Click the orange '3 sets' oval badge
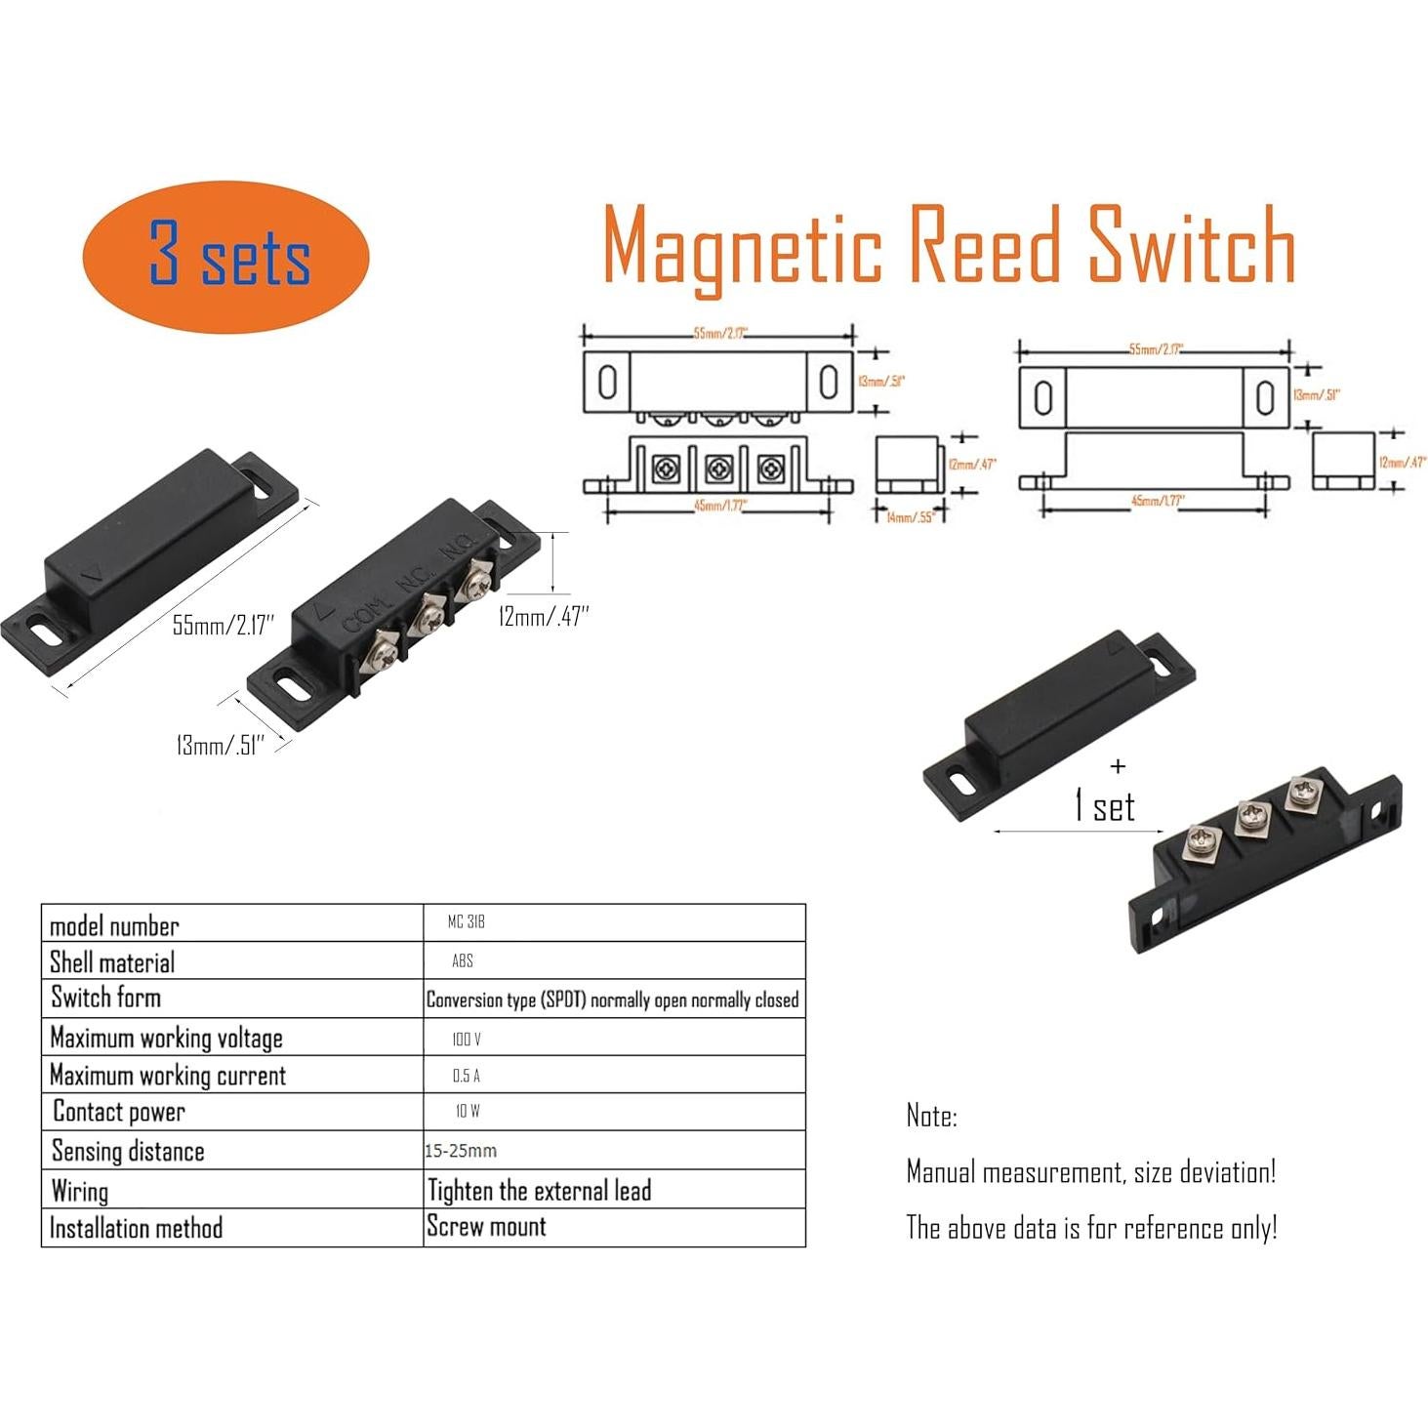[x=226, y=254]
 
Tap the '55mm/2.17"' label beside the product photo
[x=224, y=625]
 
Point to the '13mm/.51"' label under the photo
[x=220, y=746]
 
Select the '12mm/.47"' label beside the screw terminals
[x=544, y=617]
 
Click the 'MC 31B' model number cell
[x=466, y=922]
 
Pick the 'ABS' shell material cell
[x=463, y=961]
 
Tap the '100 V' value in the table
[x=467, y=1040]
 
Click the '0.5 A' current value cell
[x=466, y=1076]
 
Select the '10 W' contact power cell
[x=467, y=1112]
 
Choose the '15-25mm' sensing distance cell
[x=461, y=1151]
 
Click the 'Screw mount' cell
[x=486, y=1227]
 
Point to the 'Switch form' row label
[x=105, y=998]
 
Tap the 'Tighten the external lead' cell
[x=539, y=1191]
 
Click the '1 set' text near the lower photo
[x=1104, y=807]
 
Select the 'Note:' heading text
[x=931, y=1116]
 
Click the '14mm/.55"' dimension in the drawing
[x=911, y=516]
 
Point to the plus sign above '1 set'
[x=1118, y=767]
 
